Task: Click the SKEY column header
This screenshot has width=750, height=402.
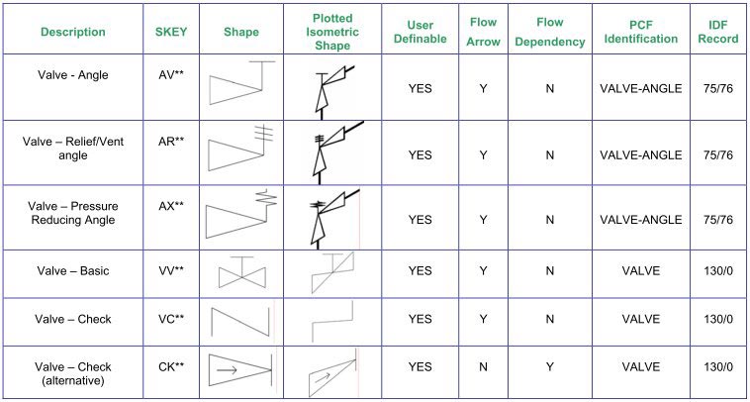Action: (171, 32)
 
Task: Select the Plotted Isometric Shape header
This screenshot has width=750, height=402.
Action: (332, 32)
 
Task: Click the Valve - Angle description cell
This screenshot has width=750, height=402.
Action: (72, 75)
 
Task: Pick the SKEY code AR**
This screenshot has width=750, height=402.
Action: (171, 142)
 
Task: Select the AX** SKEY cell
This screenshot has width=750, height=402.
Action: (171, 206)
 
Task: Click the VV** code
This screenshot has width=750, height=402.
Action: (171, 271)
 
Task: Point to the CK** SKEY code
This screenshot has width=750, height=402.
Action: (171, 367)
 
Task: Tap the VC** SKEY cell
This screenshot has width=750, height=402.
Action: (171, 319)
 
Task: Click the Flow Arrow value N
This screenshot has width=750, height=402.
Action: (483, 367)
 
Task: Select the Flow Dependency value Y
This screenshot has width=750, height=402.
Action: (549, 367)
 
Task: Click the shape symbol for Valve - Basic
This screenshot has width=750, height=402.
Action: (242, 273)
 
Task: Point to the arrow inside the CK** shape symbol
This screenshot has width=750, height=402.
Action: (227, 369)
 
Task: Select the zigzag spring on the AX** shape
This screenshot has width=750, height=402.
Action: (268, 197)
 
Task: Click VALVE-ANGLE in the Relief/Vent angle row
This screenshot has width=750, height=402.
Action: (640, 155)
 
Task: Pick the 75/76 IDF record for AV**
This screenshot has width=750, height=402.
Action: (718, 88)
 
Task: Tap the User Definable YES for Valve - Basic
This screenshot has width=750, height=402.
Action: (420, 271)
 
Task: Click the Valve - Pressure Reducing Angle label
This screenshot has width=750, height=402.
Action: (72, 213)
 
